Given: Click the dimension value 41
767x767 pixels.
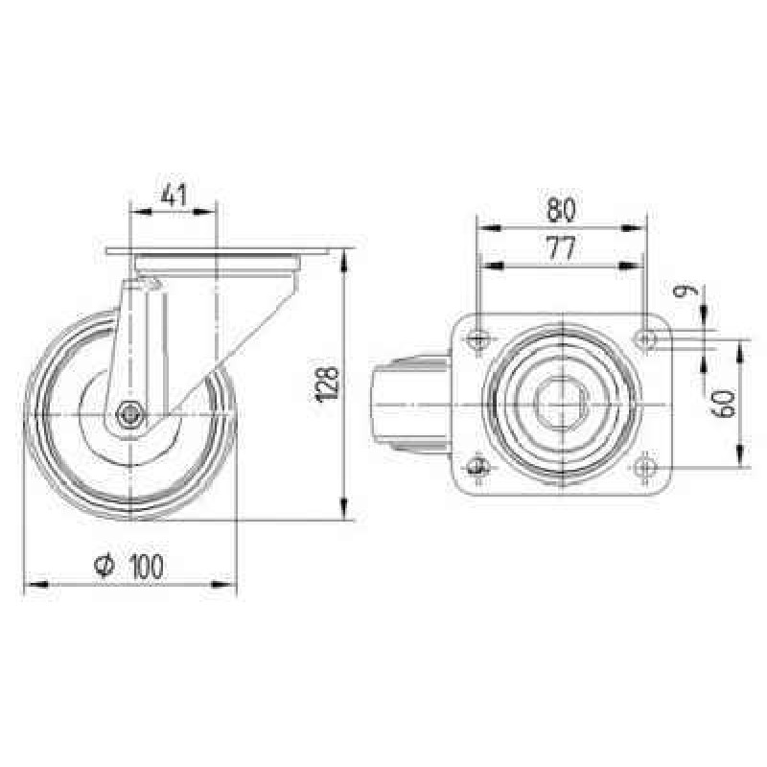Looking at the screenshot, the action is tap(174, 196).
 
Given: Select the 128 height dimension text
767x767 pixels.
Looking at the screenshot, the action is tap(327, 384).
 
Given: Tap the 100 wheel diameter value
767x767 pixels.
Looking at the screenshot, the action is tap(147, 567).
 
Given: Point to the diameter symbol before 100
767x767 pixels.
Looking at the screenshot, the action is tap(105, 566).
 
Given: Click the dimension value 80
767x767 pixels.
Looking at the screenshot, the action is tap(561, 210).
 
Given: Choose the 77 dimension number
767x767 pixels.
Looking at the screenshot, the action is tap(561, 248).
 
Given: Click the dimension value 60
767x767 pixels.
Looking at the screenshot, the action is tap(724, 403).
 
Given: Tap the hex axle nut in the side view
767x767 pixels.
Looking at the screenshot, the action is tap(129, 415).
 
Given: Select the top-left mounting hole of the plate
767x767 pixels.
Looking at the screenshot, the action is tap(477, 338).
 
